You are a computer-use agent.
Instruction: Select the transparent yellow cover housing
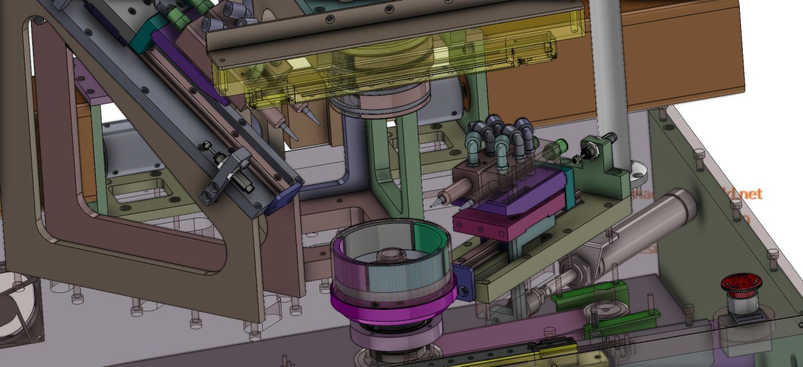click(390, 69)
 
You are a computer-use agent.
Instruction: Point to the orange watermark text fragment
click(740, 194)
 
